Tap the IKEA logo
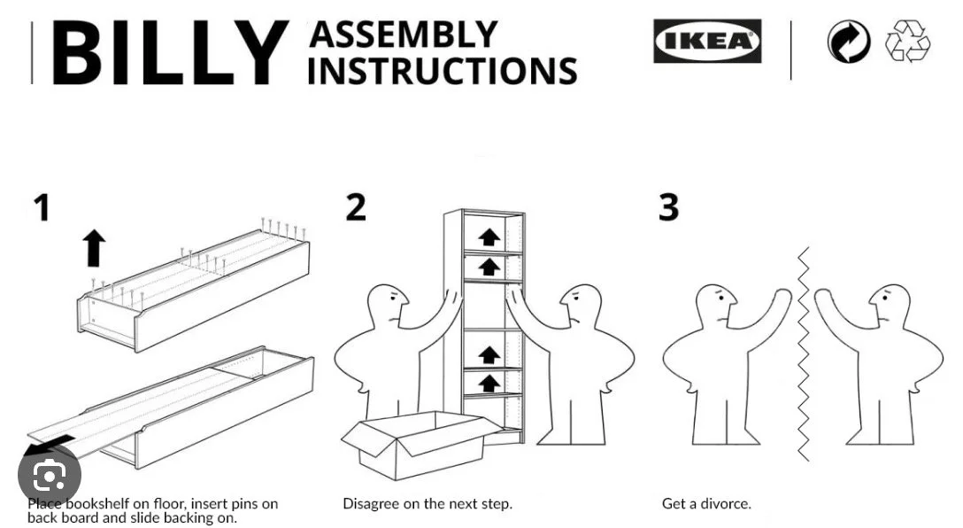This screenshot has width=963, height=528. (706, 42)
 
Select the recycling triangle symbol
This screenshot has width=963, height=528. (908, 42)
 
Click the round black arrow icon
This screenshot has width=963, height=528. (848, 43)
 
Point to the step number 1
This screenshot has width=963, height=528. (41, 208)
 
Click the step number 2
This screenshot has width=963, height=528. (355, 207)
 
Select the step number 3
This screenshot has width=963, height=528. (669, 207)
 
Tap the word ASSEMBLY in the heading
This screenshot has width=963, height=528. (404, 35)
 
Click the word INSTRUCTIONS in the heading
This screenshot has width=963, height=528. (443, 70)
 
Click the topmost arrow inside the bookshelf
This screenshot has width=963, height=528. (489, 237)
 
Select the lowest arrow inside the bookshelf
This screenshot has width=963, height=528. (489, 384)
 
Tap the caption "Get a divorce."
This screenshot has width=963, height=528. (706, 503)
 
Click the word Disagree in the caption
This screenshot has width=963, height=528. (373, 503)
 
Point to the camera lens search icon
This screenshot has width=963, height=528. (44, 477)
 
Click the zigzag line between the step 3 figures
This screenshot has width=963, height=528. (804, 354)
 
